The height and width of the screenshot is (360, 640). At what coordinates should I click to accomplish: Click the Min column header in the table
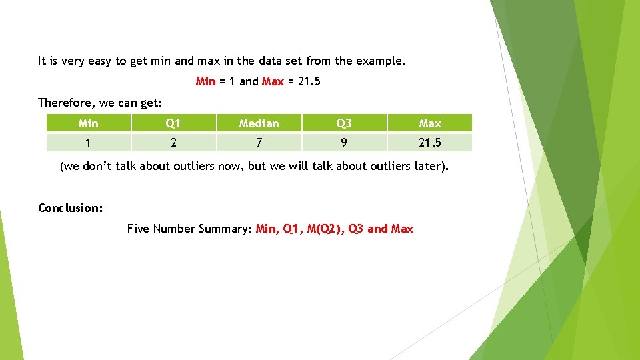coord(88,123)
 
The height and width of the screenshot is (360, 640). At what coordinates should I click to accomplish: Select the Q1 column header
coord(173,123)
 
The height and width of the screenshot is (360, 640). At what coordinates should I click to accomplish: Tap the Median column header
coord(259,123)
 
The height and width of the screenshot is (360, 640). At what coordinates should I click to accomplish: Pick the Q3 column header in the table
coord(344,123)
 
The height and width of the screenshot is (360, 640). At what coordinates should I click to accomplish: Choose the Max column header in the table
coord(430,123)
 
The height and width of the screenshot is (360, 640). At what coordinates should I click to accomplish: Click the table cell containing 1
coord(88,143)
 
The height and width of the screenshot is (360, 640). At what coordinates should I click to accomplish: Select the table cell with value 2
coord(173,143)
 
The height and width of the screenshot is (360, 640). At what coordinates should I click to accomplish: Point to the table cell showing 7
coord(259,143)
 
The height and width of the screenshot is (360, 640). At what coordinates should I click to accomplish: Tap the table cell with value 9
coord(344,143)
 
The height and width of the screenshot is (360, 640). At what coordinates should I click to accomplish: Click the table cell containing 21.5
coord(430,143)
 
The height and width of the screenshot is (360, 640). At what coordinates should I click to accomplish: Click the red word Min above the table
coord(205,81)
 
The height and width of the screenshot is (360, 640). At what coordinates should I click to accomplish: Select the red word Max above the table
coord(273,81)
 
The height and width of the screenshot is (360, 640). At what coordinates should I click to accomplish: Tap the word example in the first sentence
coord(379,61)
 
